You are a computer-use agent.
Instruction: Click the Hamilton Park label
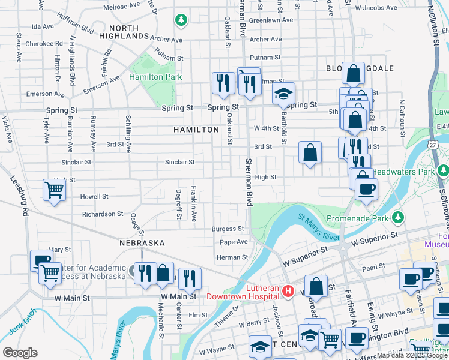click(x=155, y=77)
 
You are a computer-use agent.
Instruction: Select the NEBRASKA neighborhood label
click(x=142, y=243)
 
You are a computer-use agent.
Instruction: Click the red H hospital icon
click(x=288, y=292)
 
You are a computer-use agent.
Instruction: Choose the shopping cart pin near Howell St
click(x=55, y=191)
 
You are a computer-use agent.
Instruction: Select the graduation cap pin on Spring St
click(x=284, y=94)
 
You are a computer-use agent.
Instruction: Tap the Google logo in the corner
click(x=20, y=353)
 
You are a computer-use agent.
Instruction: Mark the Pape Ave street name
click(x=234, y=242)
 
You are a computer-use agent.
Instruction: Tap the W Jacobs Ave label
click(x=376, y=8)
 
